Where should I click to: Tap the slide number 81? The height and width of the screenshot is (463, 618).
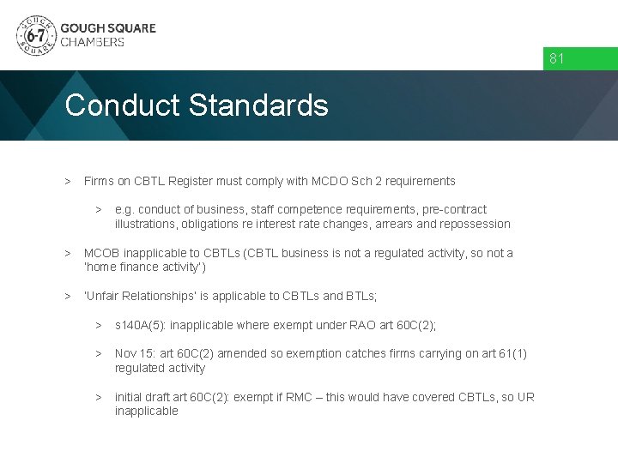coord(557,59)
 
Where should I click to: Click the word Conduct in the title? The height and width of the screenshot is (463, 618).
coord(122,105)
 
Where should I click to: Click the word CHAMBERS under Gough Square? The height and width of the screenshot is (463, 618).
coord(92,42)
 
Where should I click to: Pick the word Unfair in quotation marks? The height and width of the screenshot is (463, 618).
coord(105,296)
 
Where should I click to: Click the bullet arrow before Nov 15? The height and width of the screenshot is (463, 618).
coord(99,353)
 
